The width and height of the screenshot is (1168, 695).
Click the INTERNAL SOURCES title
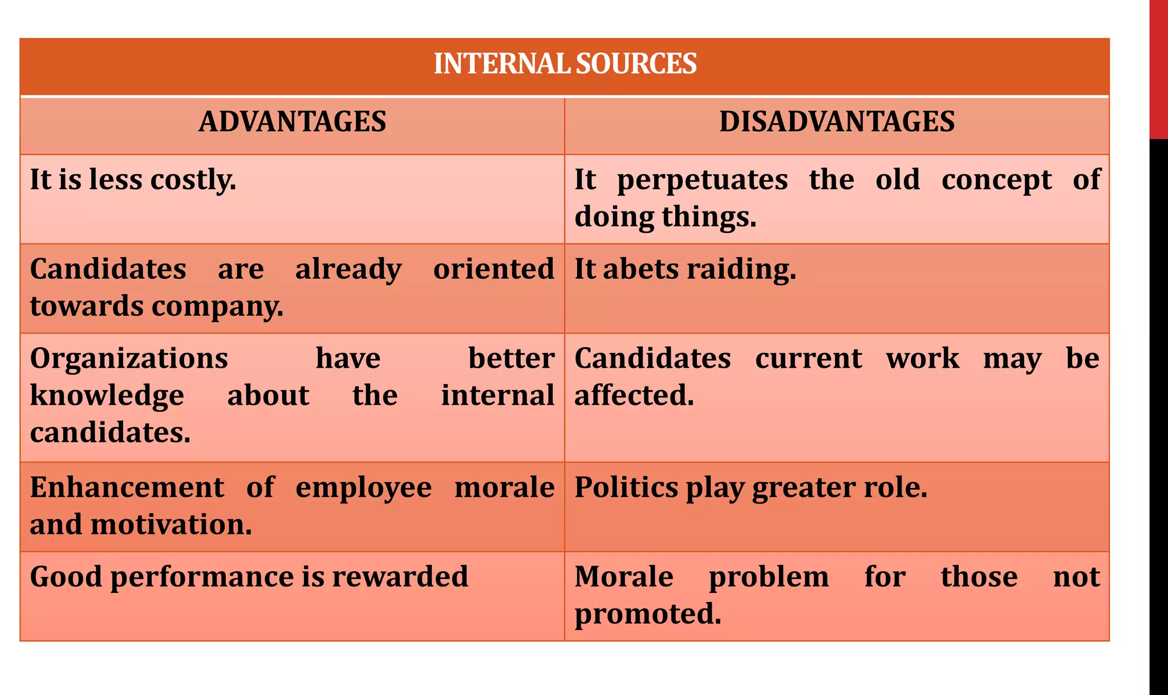tap(565, 64)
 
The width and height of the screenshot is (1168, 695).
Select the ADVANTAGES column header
tap(292, 122)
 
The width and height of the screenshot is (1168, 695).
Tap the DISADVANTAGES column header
tap(837, 122)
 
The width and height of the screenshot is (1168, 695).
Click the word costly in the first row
tap(193, 180)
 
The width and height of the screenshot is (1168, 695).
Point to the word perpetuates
tap(703, 180)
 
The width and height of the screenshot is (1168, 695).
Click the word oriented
tap(493, 269)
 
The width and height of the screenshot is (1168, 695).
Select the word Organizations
tap(129, 359)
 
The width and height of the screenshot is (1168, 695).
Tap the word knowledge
tap(107, 396)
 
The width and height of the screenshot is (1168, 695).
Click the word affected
tap(634, 396)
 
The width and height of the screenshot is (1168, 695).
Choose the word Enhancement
tap(127, 487)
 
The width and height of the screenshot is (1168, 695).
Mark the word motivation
tap(171, 525)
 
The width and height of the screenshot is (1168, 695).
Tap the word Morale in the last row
tap(624, 577)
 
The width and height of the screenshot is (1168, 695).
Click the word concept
tap(996, 180)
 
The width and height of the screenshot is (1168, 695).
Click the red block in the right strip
tap(1158, 68)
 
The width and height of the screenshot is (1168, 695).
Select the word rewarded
tap(400, 577)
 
